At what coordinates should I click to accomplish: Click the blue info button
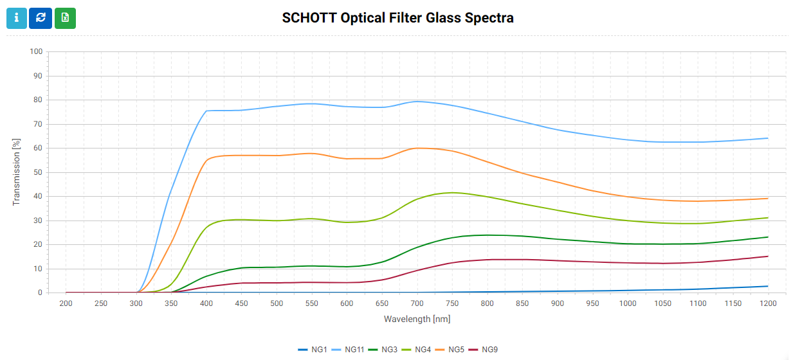(17, 18)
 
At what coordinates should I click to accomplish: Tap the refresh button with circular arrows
(41, 18)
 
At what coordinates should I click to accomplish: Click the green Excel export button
(65, 18)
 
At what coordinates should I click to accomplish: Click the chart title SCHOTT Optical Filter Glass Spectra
(397, 17)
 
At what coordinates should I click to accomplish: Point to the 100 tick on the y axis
(36, 51)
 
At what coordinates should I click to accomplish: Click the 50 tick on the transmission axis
(38, 172)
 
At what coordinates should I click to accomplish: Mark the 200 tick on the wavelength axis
(66, 303)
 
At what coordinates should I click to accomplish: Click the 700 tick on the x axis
(417, 303)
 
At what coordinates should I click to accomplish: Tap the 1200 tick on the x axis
(768, 303)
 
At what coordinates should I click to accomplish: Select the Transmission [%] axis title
(17, 172)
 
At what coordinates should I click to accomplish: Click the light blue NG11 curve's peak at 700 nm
(417, 101)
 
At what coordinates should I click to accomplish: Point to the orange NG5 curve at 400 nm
(206, 159)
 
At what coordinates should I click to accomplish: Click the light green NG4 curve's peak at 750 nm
(452, 192)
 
